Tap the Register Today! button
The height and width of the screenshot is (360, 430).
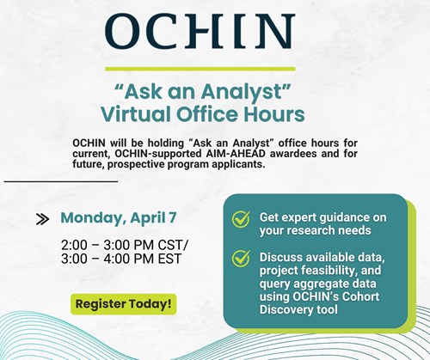coord(124,303)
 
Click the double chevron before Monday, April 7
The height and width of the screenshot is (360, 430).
coord(41,218)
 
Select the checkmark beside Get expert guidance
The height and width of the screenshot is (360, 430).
coord(242,219)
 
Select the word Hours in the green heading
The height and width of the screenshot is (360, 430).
coord(274,113)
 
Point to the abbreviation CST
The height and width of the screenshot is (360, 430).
coord(173,245)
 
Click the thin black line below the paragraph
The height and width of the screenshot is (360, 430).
coord(60,181)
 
